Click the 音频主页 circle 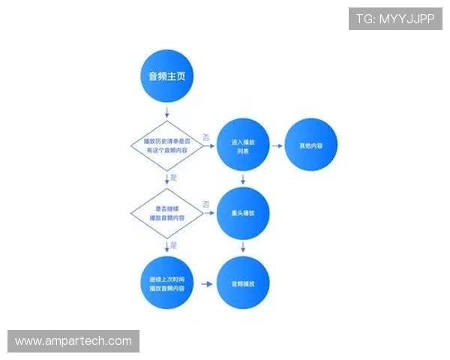click(x=166, y=76)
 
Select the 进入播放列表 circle click(x=242, y=145)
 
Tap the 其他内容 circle click(x=311, y=145)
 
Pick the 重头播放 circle click(x=242, y=214)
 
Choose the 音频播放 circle click(x=242, y=284)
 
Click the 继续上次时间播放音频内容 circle click(x=166, y=284)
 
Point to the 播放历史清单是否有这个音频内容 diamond click(x=166, y=145)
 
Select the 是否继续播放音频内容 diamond click(x=166, y=214)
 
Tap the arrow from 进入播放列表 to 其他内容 click(x=276, y=145)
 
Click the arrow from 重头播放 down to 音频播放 click(x=242, y=247)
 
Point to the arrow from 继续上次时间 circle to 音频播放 click(x=203, y=285)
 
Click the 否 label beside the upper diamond click(x=206, y=136)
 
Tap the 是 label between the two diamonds click(x=175, y=178)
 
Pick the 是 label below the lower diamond click(x=175, y=246)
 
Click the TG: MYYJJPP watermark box click(x=395, y=18)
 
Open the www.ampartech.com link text click(x=73, y=341)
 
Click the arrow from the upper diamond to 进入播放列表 click(x=206, y=146)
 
